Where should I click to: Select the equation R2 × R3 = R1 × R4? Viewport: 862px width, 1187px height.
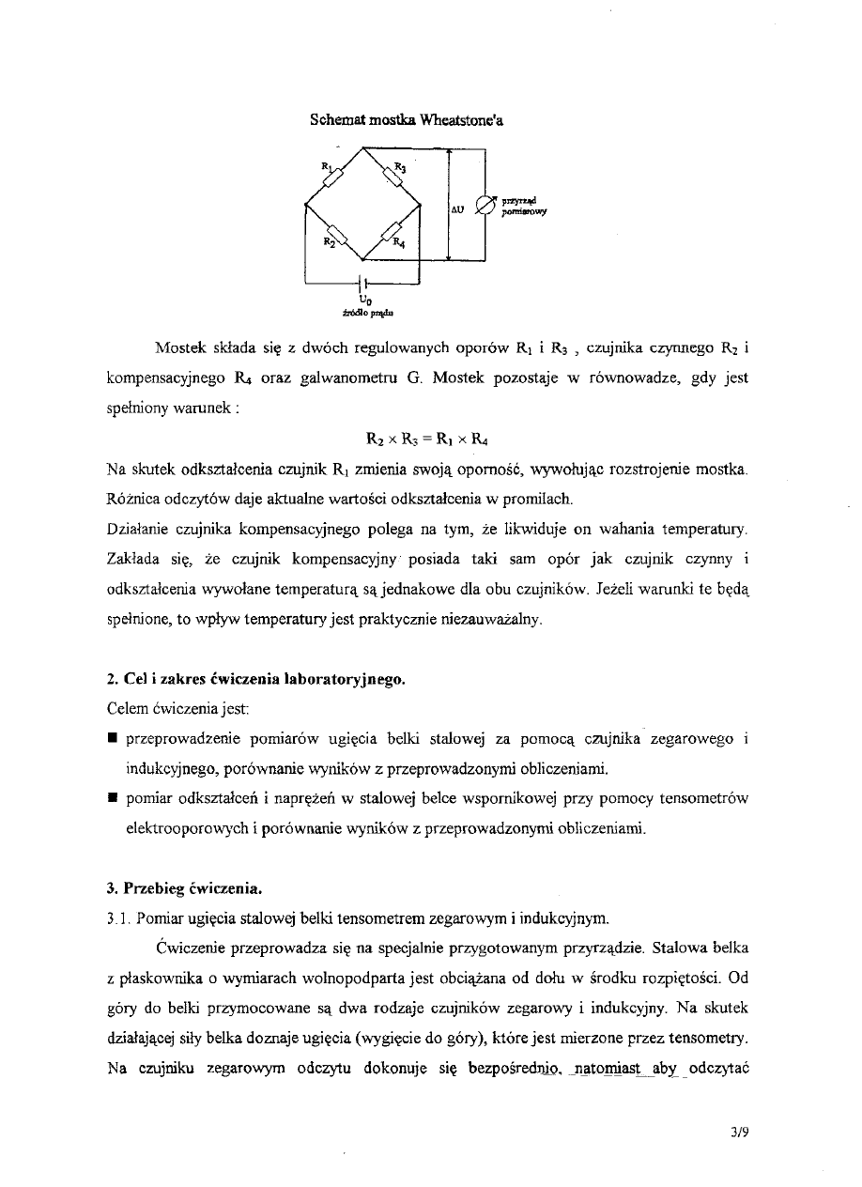(x=427, y=438)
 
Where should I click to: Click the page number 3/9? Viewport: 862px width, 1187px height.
(x=739, y=1132)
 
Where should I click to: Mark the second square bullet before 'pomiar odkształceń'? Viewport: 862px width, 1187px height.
(x=112, y=799)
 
